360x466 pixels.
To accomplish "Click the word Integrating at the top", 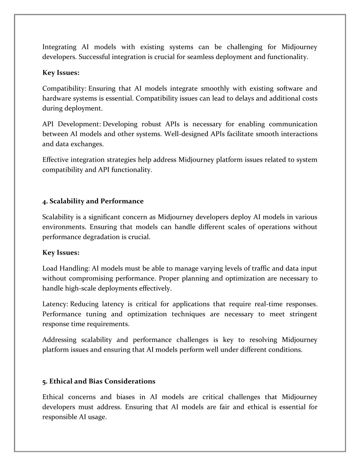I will click(59, 47).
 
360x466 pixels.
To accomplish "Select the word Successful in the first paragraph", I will click(94, 57).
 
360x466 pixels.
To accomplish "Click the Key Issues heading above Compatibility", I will click(61, 73).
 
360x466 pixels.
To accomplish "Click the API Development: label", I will click(72, 124).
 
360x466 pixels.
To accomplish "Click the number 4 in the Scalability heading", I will click(44, 202).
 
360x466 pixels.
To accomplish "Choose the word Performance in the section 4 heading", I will click(122, 201).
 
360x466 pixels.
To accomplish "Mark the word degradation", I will click(101, 237).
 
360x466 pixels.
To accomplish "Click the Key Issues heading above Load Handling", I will click(61, 253).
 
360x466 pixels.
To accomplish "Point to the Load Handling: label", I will click(66, 269).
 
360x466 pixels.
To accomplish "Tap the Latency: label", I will click(55, 304).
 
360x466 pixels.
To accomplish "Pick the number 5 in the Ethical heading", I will click(44, 382).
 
